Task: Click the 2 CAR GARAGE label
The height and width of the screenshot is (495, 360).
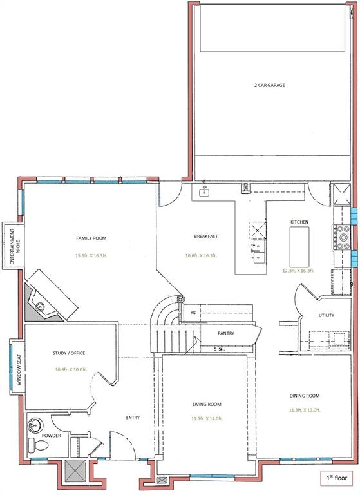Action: (x=270, y=85)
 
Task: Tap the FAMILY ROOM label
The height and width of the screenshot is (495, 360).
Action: (x=91, y=238)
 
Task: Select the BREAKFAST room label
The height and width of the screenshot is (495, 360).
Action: (x=206, y=237)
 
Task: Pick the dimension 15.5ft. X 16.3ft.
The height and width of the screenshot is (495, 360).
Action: (x=91, y=255)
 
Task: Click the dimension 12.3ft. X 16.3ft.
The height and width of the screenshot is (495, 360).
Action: (x=298, y=271)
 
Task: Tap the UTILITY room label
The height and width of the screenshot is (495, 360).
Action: (x=326, y=315)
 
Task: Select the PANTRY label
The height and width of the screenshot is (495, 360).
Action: (x=225, y=333)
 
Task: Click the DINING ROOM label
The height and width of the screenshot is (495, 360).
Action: (x=304, y=396)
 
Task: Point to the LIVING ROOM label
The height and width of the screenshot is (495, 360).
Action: (x=207, y=404)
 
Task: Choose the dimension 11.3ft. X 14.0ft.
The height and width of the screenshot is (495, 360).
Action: (x=207, y=418)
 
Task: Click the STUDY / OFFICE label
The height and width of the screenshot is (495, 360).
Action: (x=69, y=353)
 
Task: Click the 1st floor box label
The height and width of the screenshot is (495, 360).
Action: (x=337, y=479)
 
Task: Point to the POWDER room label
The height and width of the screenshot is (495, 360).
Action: (x=51, y=436)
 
